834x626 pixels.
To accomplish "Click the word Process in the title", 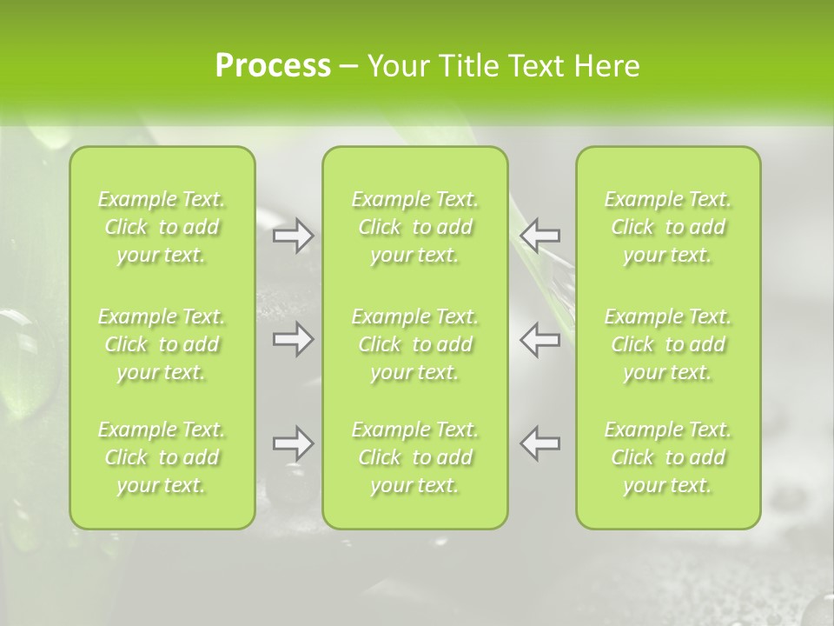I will click(x=273, y=66).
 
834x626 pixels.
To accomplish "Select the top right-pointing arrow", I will click(x=293, y=236).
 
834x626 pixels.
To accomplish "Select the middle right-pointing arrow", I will click(x=293, y=339).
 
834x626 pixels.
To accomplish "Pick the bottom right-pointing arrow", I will click(x=293, y=443).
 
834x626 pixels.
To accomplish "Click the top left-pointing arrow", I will click(x=540, y=236).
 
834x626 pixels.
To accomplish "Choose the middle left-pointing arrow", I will click(x=540, y=339).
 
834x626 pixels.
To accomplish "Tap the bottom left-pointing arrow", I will click(x=540, y=443).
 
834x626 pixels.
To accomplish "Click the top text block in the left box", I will click(x=162, y=227).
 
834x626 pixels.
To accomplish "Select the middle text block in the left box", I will click(x=162, y=344).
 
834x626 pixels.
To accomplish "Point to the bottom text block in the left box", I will click(x=162, y=457).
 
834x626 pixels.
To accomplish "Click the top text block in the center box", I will click(x=415, y=227).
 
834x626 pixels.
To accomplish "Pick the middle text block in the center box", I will click(x=415, y=344).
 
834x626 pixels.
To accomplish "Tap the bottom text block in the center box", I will click(x=415, y=457).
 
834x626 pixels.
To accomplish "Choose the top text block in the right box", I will click(x=668, y=227).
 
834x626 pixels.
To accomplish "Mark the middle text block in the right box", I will click(x=668, y=344).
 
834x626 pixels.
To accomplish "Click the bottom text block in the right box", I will click(x=668, y=457).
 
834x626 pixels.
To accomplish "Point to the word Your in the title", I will click(x=396, y=66).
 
